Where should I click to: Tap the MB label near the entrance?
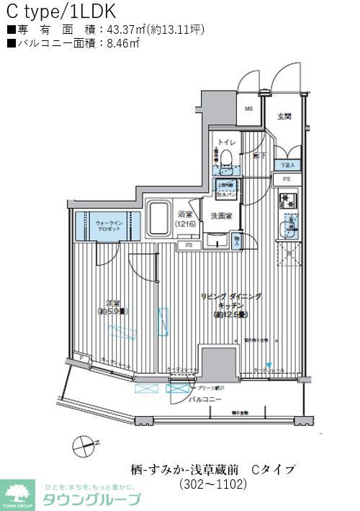[x=248, y=109]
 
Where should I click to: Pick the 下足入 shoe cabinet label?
[x=288, y=165]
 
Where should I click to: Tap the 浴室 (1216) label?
[x=186, y=220]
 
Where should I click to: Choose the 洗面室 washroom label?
[x=221, y=216]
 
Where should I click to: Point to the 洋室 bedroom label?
[x=112, y=306]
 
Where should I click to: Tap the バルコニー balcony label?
[x=207, y=399]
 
